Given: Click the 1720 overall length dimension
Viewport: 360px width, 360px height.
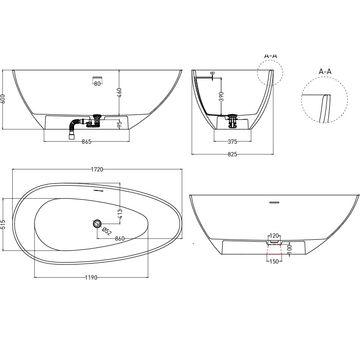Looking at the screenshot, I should pyautogui.click(x=97, y=170).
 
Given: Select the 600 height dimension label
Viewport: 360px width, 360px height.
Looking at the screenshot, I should pyautogui.click(x=4, y=98).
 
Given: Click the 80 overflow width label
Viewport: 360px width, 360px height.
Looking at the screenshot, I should pyautogui.click(x=97, y=84).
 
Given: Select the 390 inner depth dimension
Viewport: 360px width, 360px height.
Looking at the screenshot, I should pyautogui.click(x=221, y=96).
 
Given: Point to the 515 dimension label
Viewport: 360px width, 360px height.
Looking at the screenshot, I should pyautogui.click(x=4, y=224).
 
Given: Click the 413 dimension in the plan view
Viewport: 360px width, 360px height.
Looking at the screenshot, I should pyautogui.click(x=119, y=213).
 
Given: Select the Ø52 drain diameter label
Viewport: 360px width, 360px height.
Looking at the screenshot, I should pyautogui.click(x=107, y=232).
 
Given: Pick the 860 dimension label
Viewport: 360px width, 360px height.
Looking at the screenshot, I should pyautogui.click(x=120, y=239).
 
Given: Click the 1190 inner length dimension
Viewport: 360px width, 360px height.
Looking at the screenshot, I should pyautogui.click(x=91, y=277).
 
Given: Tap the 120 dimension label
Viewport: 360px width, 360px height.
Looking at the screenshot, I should pyautogui.click(x=273, y=235).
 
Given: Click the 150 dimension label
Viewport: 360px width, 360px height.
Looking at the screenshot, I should pyautogui.click(x=273, y=261).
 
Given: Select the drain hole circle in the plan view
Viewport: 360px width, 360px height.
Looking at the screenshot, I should pyautogui.click(x=97, y=224).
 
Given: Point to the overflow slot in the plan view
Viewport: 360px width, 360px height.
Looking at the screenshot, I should pyautogui.click(x=99, y=190).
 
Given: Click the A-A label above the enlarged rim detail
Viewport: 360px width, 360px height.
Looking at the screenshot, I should pyautogui.click(x=325, y=72).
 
